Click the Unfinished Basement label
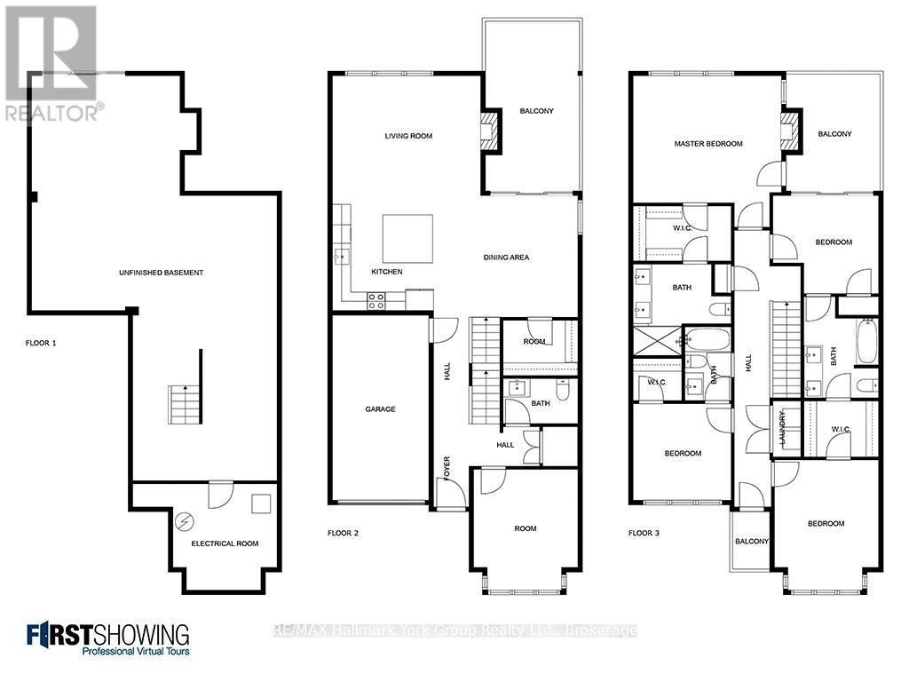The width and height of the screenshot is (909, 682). [x=162, y=273]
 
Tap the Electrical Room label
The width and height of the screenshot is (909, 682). [x=225, y=543]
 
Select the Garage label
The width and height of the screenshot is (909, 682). [x=380, y=409]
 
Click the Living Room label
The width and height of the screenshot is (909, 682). [x=408, y=136]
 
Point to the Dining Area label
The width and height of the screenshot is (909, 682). [x=506, y=258]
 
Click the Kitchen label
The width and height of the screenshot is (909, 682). [x=387, y=272]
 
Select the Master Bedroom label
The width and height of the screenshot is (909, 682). [x=708, y=144]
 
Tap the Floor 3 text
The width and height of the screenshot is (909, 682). [x=644, y=534]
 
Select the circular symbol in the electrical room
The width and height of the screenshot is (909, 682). [x=186, y=520]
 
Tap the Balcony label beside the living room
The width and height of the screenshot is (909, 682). [x=536, y=111]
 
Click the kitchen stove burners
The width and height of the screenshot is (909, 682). [x=376, y=300]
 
